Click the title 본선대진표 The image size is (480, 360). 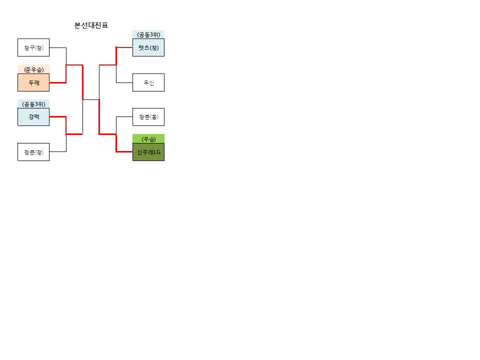(x=91, y=25)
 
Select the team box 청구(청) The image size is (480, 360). (x=33, y=47)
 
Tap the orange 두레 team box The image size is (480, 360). (x=33, y=82)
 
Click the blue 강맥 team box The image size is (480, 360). (x=33, y=117)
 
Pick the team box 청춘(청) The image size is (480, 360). (x=33, y=152)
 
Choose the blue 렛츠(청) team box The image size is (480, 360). (x=148, y=47)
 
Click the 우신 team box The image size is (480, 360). (x=148, y=82)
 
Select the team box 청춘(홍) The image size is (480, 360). (x=148, y=117)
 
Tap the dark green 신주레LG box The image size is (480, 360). (x=148, y=152)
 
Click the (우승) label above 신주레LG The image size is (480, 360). (x=148, y=139)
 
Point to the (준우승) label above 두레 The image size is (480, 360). (x=33, y=70)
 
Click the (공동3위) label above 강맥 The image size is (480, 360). (x=33, y=104)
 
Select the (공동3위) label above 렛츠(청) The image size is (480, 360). (x=149, y=34)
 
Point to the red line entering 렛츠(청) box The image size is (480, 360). (x=116, y=56)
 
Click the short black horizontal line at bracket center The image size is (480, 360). (x=91, y=99)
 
